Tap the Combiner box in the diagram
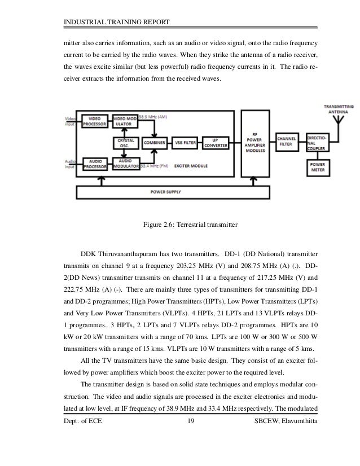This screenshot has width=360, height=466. point(154,143)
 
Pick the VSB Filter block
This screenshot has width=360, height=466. point(186,143)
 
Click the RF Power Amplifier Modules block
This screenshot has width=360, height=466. point(255,143)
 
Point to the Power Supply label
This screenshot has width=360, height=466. point(182,192)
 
